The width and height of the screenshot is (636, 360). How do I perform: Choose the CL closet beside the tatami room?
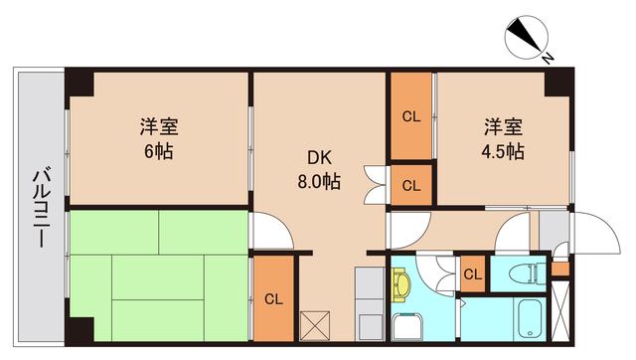tap(272, 298)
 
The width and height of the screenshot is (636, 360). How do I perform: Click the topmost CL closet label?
tap(410, 116)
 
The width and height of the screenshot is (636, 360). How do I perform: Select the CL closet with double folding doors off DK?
tap(410, 184)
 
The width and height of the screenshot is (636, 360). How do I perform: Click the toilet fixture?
tap(521, 270)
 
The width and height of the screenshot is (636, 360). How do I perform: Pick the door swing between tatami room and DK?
tap(270, 231)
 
